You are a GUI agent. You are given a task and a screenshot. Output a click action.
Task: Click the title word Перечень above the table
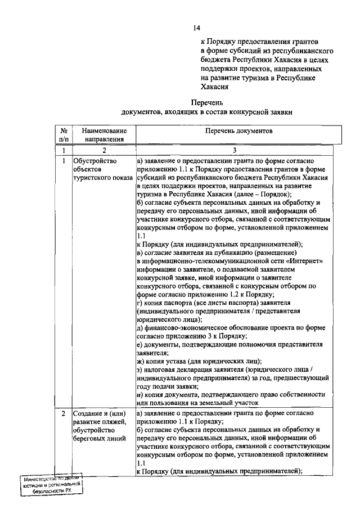pos(208,103)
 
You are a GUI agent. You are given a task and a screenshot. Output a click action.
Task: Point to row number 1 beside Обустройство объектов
pos(64,161)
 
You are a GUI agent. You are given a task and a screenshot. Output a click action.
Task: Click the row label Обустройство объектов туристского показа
pos(96,169)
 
